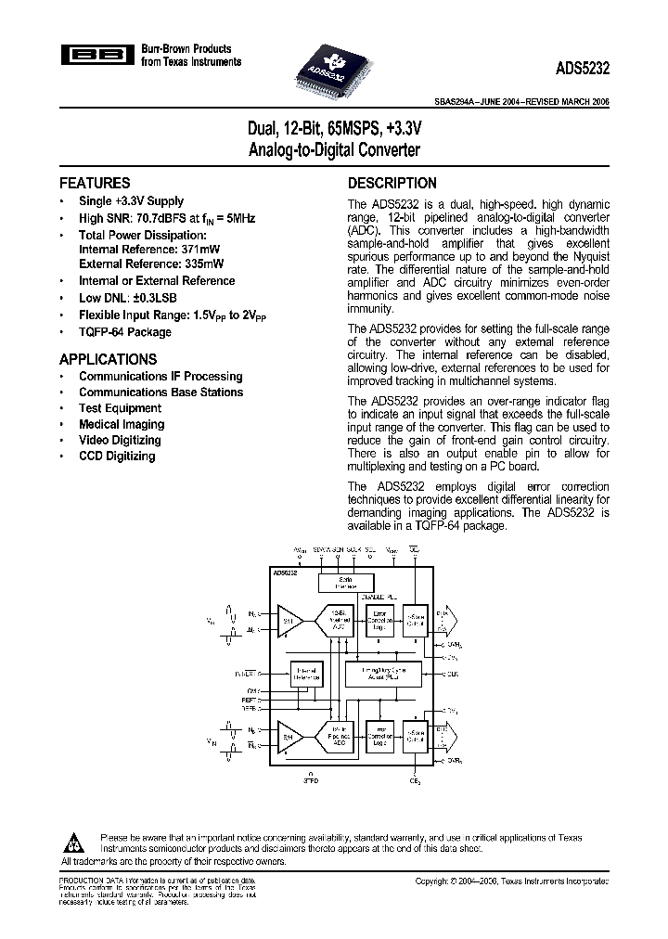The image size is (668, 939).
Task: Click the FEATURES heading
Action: click(95, 183)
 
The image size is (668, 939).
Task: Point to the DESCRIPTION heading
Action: click(392, 183)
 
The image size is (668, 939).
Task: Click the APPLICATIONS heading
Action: click(108, 359)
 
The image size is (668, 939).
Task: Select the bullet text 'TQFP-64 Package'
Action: click(124, 331)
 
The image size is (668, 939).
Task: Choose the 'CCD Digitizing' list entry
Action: click(117, 456)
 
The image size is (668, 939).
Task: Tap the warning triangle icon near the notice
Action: click(73, 842)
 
